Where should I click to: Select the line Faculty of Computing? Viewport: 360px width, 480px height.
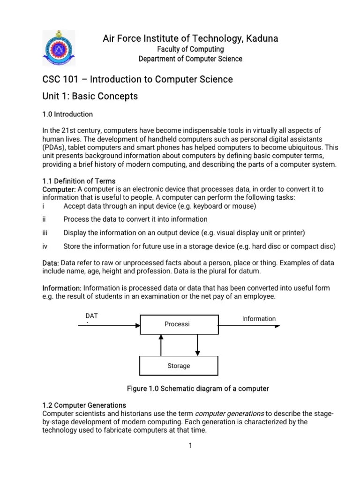point(190,49)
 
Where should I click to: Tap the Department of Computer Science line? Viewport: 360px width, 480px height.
point(190,59)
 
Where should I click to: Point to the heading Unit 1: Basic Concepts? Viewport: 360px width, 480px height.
point(90,96)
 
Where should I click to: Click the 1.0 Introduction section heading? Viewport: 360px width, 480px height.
point(67,114)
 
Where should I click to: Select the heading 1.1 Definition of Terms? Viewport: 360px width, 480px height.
point(79,181)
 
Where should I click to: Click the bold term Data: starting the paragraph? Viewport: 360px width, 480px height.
point(51,263)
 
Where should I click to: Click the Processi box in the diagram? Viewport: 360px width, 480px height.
point(179,324)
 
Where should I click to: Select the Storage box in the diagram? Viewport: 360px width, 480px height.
point(179,366)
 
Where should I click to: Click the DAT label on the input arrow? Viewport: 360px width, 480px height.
point(91,316)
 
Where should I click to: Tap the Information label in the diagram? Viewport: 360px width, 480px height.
point(259,319)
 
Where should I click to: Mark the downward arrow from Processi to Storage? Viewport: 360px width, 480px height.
point(198,345)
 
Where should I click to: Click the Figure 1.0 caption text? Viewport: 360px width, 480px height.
point(198,389)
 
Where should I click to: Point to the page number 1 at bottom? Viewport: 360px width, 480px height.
point(190,446)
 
